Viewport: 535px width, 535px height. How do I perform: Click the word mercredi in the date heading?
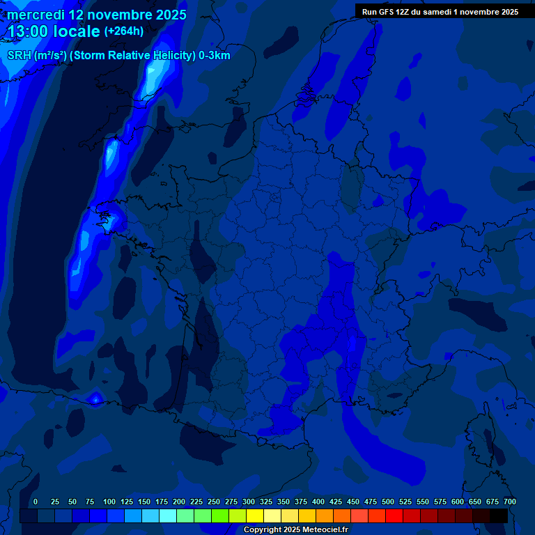point(36,15)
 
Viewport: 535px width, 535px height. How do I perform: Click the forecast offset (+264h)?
point(124,31)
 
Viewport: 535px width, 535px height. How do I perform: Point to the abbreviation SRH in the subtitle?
point(19,56)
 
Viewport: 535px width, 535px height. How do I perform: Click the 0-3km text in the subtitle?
point(215,56)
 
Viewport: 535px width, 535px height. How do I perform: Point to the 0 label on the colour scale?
point(36,502)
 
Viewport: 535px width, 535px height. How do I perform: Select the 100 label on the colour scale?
point(109,502)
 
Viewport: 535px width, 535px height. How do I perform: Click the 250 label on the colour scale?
point(214,502)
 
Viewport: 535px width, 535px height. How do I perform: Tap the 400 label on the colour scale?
point(318,502)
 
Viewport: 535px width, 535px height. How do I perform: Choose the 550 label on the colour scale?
point(423,502)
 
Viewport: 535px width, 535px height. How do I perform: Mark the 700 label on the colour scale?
point(510,502)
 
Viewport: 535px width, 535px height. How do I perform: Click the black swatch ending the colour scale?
point(499,515)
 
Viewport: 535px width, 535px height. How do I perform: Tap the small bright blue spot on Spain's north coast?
point(95,399)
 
